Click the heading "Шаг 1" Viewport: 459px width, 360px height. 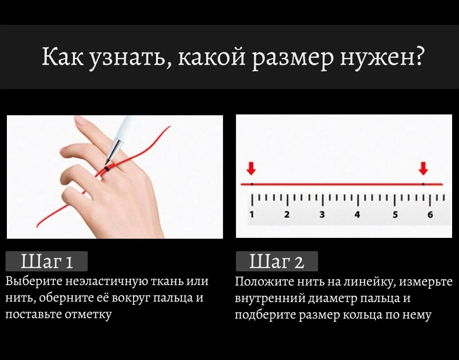coord(46,261)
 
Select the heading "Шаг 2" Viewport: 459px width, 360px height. coord(277,261)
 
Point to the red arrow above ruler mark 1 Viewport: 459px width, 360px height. coord(251,169)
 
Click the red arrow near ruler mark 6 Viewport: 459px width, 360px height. coord(423,169)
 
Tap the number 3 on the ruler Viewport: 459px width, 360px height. coord(322,214)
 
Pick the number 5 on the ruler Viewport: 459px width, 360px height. coord(395,214)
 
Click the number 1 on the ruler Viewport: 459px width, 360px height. coord(252,214)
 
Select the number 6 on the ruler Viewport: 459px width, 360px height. coord(430,214)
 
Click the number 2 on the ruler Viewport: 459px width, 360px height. coord(287,214)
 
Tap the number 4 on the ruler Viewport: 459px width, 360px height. coord(357,214)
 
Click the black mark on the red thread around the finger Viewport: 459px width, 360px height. coord(107,169)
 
